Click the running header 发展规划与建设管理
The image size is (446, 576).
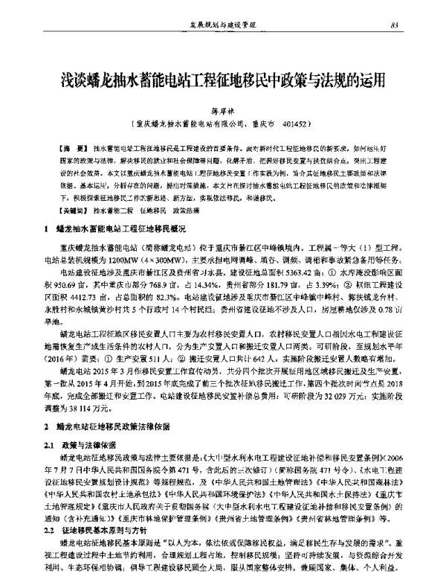pos(222,27)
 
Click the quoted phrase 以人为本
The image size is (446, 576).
pos(188,551)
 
